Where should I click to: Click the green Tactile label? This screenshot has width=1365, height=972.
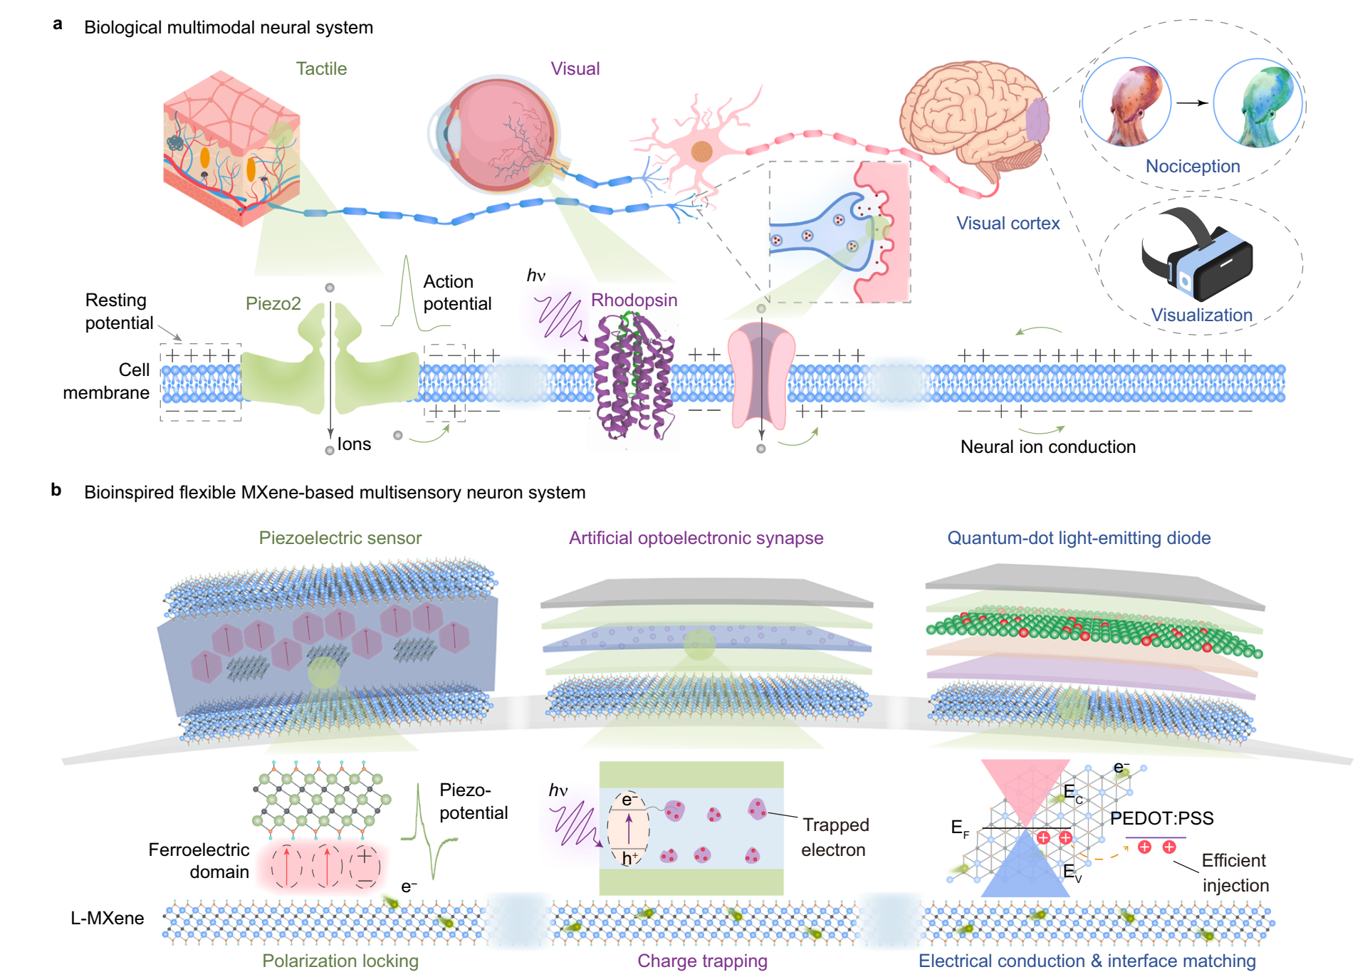[321, 69]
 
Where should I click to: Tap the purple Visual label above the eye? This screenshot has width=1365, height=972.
[575, 69]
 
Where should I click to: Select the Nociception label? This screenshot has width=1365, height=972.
[1193, 166]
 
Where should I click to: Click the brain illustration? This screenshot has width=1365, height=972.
[973, 121]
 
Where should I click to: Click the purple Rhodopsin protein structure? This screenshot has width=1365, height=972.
[634, 377]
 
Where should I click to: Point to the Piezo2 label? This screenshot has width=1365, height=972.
[273, 304]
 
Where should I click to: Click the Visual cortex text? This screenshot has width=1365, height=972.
[1008, 224]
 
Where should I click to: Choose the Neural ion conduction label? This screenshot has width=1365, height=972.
[1047, 447]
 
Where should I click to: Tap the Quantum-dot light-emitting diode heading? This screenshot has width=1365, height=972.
[1078, 538]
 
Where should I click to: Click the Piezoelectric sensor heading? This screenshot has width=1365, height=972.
[340, 538]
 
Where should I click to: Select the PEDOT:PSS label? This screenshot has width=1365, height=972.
[1161, 818]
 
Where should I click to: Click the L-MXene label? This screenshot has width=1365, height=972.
[107, 919]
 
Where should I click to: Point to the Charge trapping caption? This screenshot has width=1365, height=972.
[702, 961]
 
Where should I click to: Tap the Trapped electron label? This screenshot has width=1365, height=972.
[835, 837]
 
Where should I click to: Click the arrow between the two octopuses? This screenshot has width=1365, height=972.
[1192, 103]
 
